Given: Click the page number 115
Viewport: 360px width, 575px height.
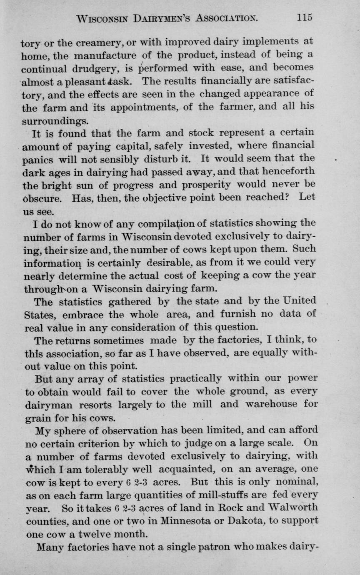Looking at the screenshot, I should (305, 17).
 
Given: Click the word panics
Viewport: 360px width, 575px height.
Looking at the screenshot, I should (37, 160).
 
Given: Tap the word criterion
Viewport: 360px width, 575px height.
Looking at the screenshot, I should (104, 443).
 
